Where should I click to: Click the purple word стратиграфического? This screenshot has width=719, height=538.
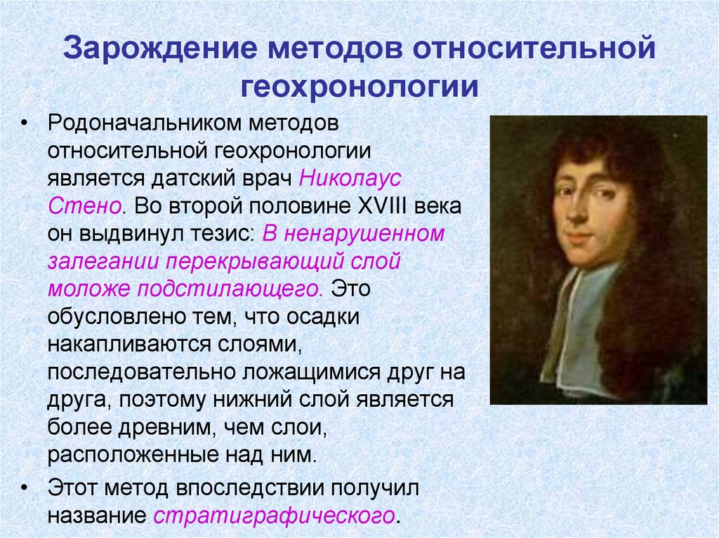pyautogui.click(x=273, y=516)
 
